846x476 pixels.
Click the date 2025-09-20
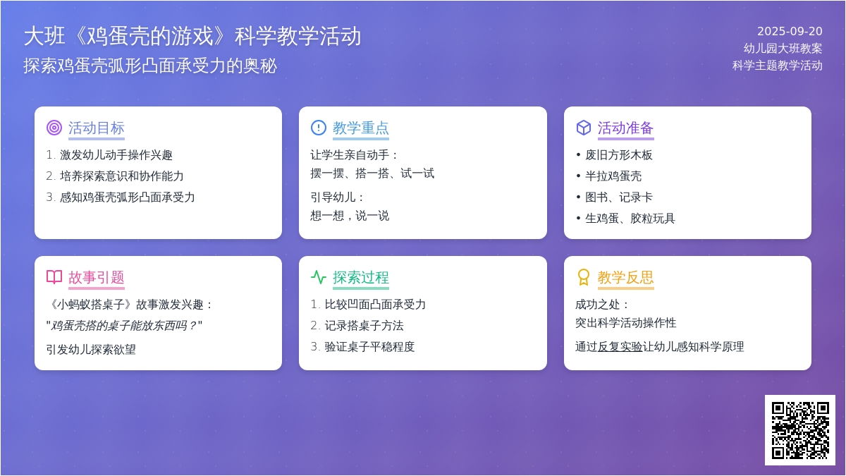click(x=790, y=31)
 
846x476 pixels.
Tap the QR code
click(x=800, y=430)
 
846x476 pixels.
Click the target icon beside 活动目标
click(x=54, y=128)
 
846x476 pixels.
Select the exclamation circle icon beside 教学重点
click(x=319, y=128)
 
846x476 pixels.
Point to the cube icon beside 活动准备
click(x=584, y=128)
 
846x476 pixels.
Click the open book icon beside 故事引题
click(x=54, y=277)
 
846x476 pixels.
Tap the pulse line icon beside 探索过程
click(x=319, y=277)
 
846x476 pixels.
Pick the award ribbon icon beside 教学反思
click(x=584, y=277)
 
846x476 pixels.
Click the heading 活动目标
click(x=97, y=128)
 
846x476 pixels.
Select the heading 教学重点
click(x=361, y=128)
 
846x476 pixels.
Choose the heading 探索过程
click(x=361, y=277)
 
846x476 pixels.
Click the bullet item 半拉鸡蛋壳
click(x=613, y=176)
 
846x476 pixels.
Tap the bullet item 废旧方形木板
click(x=619, y=155)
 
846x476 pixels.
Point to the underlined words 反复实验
click(x=620, y=347)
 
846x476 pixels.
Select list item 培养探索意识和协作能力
click(x=121, y=176)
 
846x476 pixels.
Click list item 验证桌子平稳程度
click(x=369, y=347)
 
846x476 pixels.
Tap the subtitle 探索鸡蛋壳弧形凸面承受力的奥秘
click(x=150, y=66)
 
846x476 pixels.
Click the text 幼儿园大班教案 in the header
click(x=783, y=49)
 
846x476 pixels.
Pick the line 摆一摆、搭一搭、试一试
click(x=372, y=173)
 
